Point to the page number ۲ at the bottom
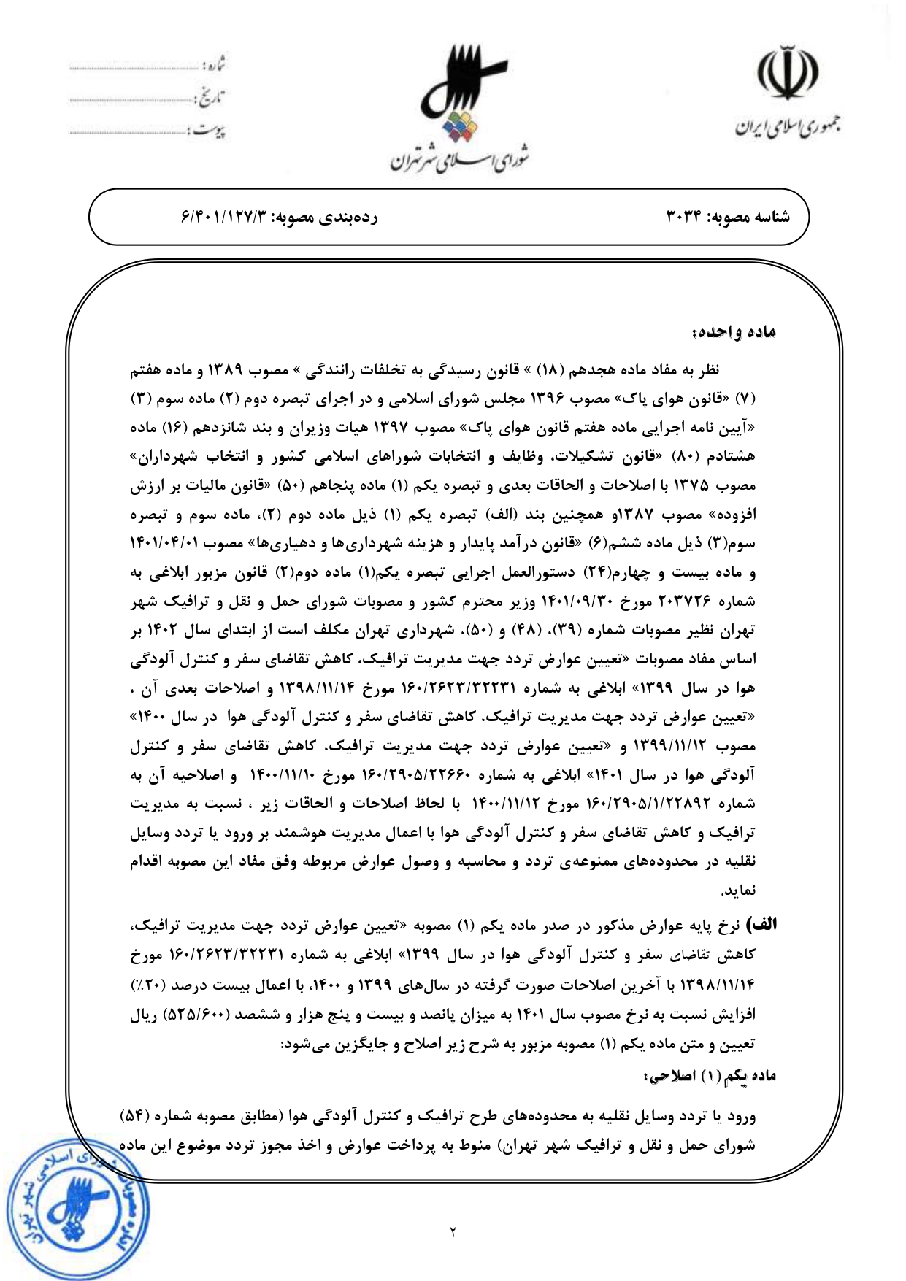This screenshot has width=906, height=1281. point(453,1233)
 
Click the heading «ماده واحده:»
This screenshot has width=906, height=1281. point(733,333)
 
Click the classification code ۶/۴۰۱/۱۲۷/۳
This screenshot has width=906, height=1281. point(226,217)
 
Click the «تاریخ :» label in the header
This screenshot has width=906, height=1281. point(211,98)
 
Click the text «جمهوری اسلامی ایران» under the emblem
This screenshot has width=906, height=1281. point(787,128)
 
